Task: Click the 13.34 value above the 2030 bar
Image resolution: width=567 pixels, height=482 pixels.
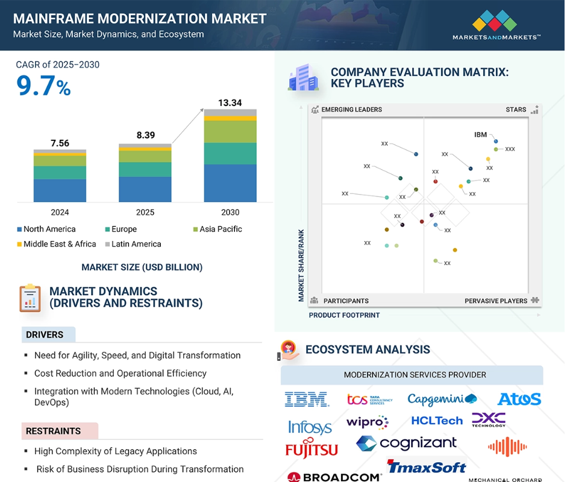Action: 230,103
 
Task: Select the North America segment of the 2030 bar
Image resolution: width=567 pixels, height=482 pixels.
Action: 230,183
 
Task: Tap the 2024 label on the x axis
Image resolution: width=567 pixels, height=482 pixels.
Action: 60,212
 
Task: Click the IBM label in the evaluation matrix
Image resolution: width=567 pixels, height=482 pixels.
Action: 480,135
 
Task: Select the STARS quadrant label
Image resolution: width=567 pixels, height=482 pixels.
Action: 516,110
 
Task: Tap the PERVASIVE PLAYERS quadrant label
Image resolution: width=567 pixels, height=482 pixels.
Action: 496,301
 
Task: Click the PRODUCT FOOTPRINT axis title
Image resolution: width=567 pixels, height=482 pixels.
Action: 344,315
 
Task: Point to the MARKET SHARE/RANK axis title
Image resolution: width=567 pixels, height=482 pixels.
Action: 301,265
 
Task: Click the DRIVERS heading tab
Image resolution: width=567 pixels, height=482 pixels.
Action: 45,334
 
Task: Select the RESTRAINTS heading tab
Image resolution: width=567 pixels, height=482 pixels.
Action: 53,431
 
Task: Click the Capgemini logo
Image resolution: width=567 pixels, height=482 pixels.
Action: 442,399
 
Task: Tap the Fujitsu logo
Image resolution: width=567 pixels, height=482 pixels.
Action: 311,449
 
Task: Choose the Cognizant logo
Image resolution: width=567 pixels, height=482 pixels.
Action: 406,443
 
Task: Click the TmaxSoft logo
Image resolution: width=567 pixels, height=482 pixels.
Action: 427,467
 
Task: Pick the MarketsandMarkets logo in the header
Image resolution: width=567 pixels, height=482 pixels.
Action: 496,24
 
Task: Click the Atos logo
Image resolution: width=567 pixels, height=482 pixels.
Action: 519,399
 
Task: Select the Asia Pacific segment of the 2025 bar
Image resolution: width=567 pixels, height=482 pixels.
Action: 145,157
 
